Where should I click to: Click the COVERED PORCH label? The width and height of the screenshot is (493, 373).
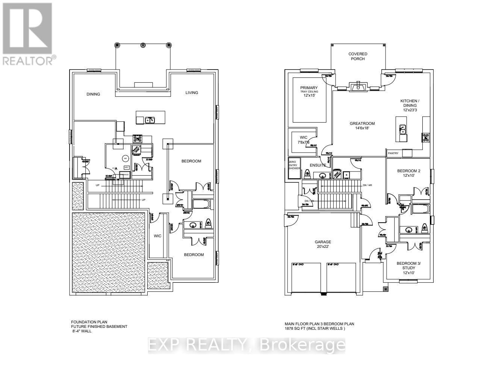pos(357,56)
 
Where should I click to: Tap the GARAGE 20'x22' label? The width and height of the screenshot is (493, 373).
pos(323,244)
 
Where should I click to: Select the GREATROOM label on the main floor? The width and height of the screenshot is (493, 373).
pos(362,126)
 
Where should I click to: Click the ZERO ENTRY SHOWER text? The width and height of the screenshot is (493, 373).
pos(294,165)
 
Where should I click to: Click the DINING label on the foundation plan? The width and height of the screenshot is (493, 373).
pos(93,94)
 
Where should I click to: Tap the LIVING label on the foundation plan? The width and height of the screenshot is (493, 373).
pos(192,92)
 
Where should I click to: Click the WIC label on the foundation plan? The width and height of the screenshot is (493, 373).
pos(157,236)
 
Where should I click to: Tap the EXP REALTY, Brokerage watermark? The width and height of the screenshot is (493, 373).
pos(246,346)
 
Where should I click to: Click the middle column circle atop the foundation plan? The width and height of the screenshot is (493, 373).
pos(143,45)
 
